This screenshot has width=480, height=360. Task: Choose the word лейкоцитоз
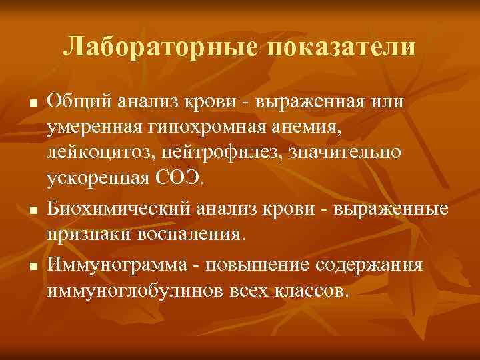point(100,152)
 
